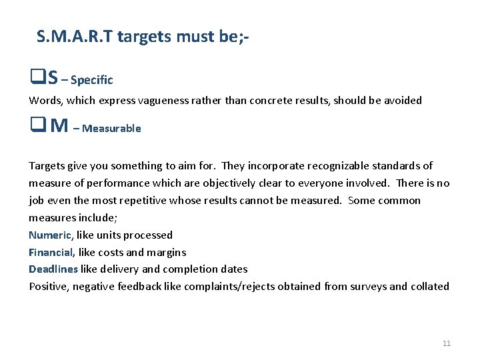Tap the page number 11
447,343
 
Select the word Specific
91,80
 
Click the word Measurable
111,128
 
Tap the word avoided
400,101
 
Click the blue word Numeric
49,235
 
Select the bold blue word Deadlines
53,269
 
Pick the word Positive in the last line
49,287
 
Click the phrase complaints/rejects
229,287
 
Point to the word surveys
367,287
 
